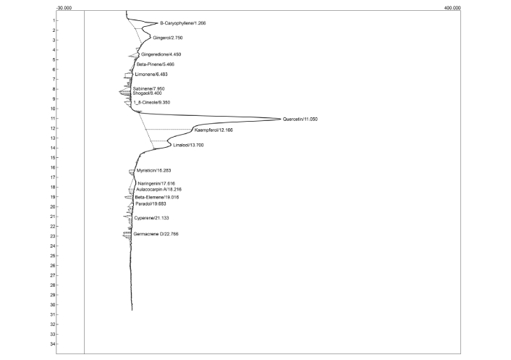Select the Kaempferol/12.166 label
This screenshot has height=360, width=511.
tap(214, 130)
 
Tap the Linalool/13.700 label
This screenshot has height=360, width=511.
tap(189, 145)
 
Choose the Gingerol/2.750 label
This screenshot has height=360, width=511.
tap(166, 37)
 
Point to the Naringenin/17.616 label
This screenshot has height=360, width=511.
tap(156, 184)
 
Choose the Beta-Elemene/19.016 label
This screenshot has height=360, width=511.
tap(152, 197)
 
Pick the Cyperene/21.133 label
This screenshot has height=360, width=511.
tap(150, 217)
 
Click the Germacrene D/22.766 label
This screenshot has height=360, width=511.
tap(156, 234)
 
